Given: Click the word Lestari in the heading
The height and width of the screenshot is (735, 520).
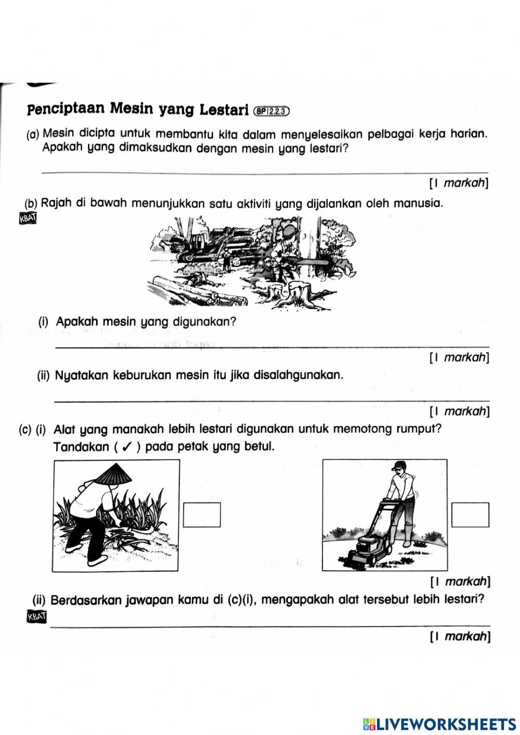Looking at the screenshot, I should pyautogui.click(x=221, y=110).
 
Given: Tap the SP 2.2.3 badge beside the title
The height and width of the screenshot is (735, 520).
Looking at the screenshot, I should pyautogui.click(x=271, y=110).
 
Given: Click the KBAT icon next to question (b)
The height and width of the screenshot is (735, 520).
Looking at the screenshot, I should pyautogui.click(x=28, y=218).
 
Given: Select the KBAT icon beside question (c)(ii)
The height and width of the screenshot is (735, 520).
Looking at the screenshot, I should pyautogui.click(x=35, y=617).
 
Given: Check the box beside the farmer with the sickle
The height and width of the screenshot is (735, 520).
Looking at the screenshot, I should pyautogui.click(x=202, y=514).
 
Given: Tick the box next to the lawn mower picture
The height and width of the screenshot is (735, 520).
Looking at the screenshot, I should pyautogui.click(x=470, y=514).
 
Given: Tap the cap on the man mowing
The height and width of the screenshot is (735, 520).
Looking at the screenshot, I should pyautogui.click(x=398, y=465).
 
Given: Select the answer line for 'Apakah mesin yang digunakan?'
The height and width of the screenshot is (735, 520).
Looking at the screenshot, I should pyautogui.click(x=271, y=346).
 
